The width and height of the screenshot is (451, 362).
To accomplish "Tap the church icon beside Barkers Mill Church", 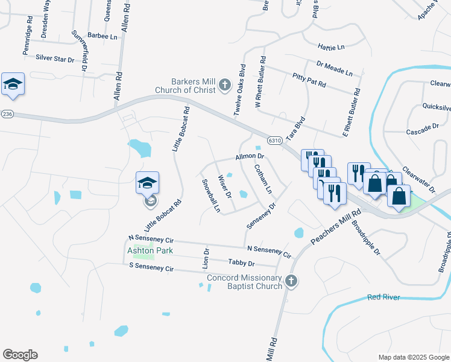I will pyautogui.click(x=224, y=85).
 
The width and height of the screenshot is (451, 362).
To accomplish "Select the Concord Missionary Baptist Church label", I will pyautogui.click(x=244, y=282).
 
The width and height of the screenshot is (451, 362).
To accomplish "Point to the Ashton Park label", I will pyautogui.click(x=150, y=250).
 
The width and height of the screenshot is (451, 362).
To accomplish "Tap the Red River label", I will pyautogui.click(x=384, y=297).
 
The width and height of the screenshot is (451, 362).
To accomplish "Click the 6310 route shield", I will pyautogui.click(x=274, y=140).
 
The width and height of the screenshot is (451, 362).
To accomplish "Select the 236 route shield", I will pyautogui.click(x=7, y=114).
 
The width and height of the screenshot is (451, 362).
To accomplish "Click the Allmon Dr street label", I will pyautogui.click(x=251, y=156).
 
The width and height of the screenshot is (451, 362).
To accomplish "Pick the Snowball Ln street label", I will pyautogui.click(x=211, y=195).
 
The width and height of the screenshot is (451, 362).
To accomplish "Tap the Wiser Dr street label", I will pyautogui.click(x=225, y=186).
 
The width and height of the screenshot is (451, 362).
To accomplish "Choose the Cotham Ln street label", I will pyautogui.click(x=263, y=179).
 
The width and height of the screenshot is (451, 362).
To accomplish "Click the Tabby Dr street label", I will pyautogui.click(x=242, y=263).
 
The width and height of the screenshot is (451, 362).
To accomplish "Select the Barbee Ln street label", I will pyautogui.click(x=102, y=36).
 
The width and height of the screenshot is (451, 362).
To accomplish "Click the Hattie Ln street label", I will pyautogui.click(x=332, y=46).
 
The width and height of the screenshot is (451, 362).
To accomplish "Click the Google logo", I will pyautogui.click(x=20, y=355).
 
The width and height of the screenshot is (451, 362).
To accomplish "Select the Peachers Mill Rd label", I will pyautogui.click(x=335, y=227).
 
